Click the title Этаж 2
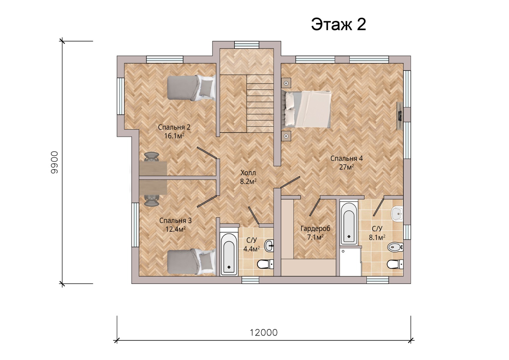click(338, 24)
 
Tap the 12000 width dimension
click(264, 333)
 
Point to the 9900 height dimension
click(54, 162)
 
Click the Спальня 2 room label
click(174, 127)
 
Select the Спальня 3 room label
click(175, 220)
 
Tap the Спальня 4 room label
click(346, 158)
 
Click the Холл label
click(248, 173)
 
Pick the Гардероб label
click(315, 228)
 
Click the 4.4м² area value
click(252, 249)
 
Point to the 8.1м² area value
click(377, 237)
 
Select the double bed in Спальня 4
click(306, 109)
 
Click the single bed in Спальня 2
click(191, 88)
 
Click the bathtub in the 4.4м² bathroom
click(229, 254)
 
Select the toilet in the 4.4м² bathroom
click(265, 264)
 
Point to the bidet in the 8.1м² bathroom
click(395, 247)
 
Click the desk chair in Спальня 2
click(151, 157)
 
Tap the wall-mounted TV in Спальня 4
click(400, 116)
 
